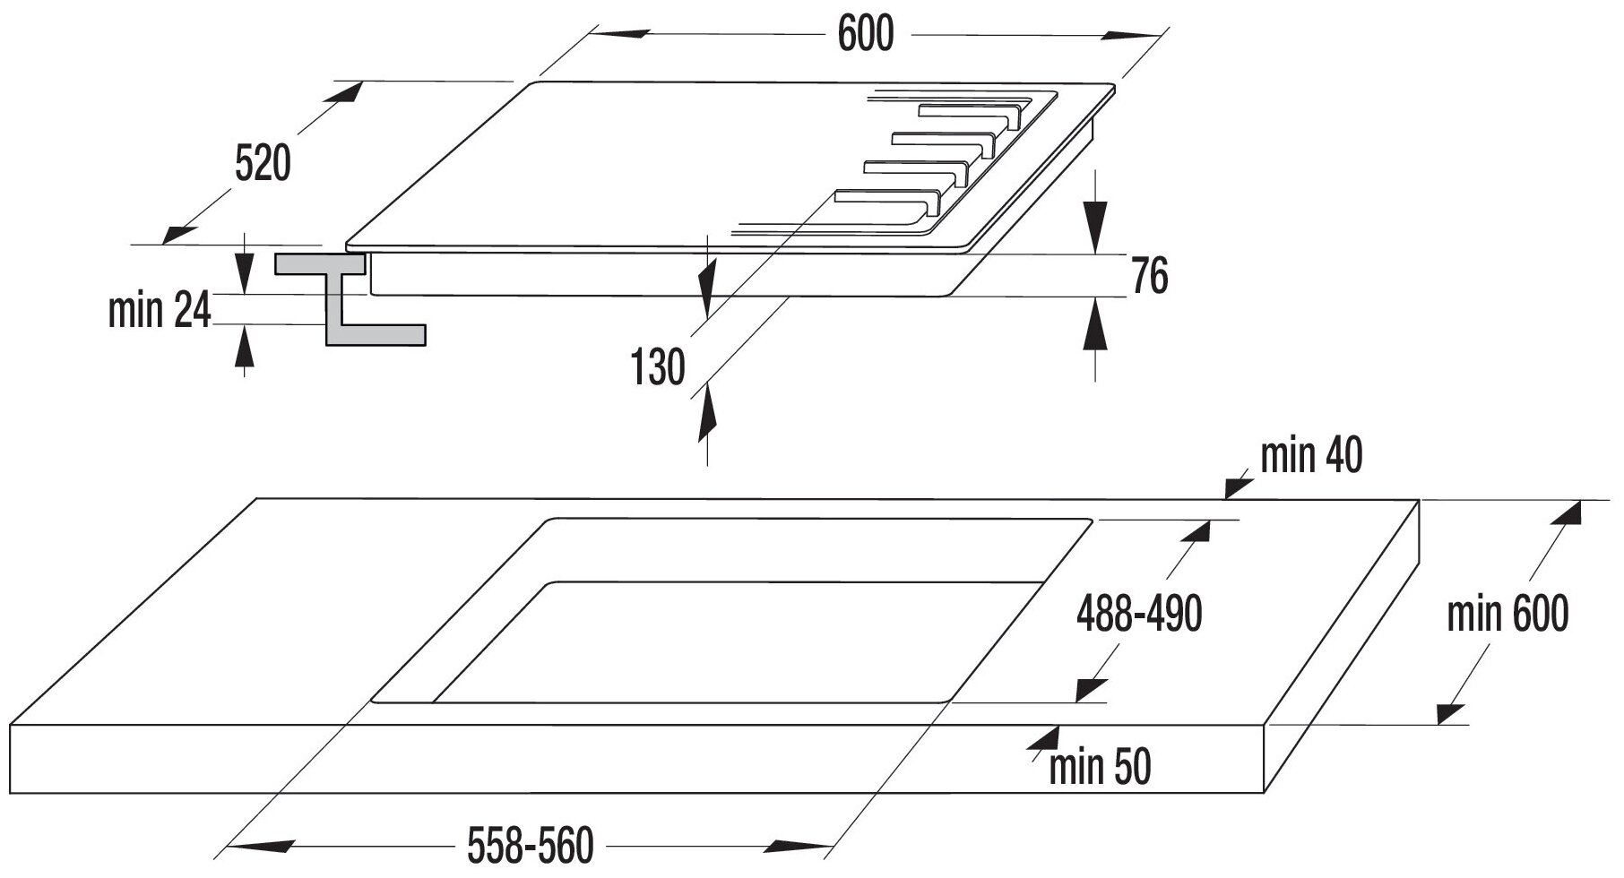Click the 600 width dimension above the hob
coord(866,34)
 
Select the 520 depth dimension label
coord(263,165)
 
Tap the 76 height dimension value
coord(1149,276)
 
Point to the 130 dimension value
coord(658,367)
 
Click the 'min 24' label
coord(160,311)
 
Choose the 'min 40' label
coord(1310,456)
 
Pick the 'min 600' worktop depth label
coord(1508,615)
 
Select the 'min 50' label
coord(1099,768)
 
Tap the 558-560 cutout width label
coord(531,845)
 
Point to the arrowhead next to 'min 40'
coord(1239,486)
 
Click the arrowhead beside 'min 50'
coord(1042,736)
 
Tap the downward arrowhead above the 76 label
coord(1094,227)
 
